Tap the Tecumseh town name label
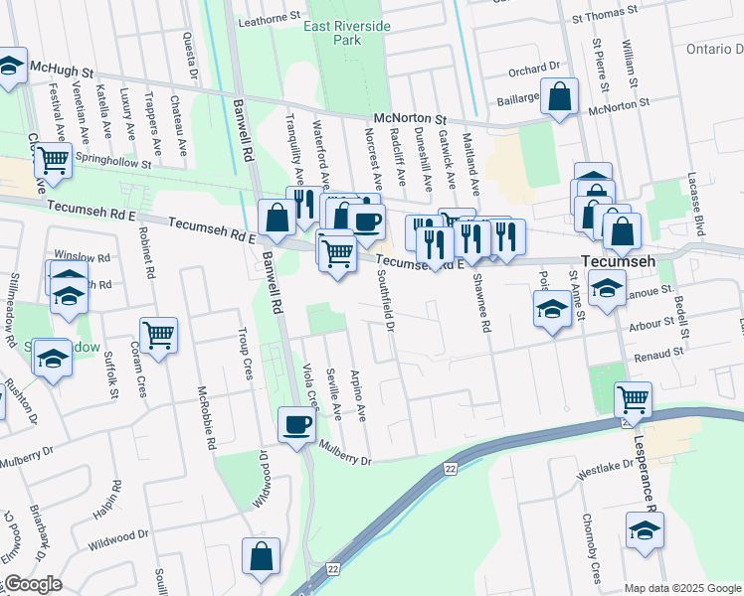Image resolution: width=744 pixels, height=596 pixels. tap(622, 260)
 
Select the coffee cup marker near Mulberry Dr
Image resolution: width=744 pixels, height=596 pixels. tap(296, 426)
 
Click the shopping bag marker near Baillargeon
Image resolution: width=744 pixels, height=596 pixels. tap(560, 97)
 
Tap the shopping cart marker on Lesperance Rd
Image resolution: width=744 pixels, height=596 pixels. tap(633, 400)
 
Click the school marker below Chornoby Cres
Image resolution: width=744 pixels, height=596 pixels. tap(645, 530)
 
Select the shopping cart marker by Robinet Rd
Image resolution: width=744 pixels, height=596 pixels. tap(158, 336)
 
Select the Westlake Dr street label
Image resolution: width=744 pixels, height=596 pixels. tap(605, 470)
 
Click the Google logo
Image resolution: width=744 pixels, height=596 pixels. tap(33, 584)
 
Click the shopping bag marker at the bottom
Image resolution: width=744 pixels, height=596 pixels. tap(260, 558)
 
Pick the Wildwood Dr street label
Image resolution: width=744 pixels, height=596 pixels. tap(118, 541)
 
